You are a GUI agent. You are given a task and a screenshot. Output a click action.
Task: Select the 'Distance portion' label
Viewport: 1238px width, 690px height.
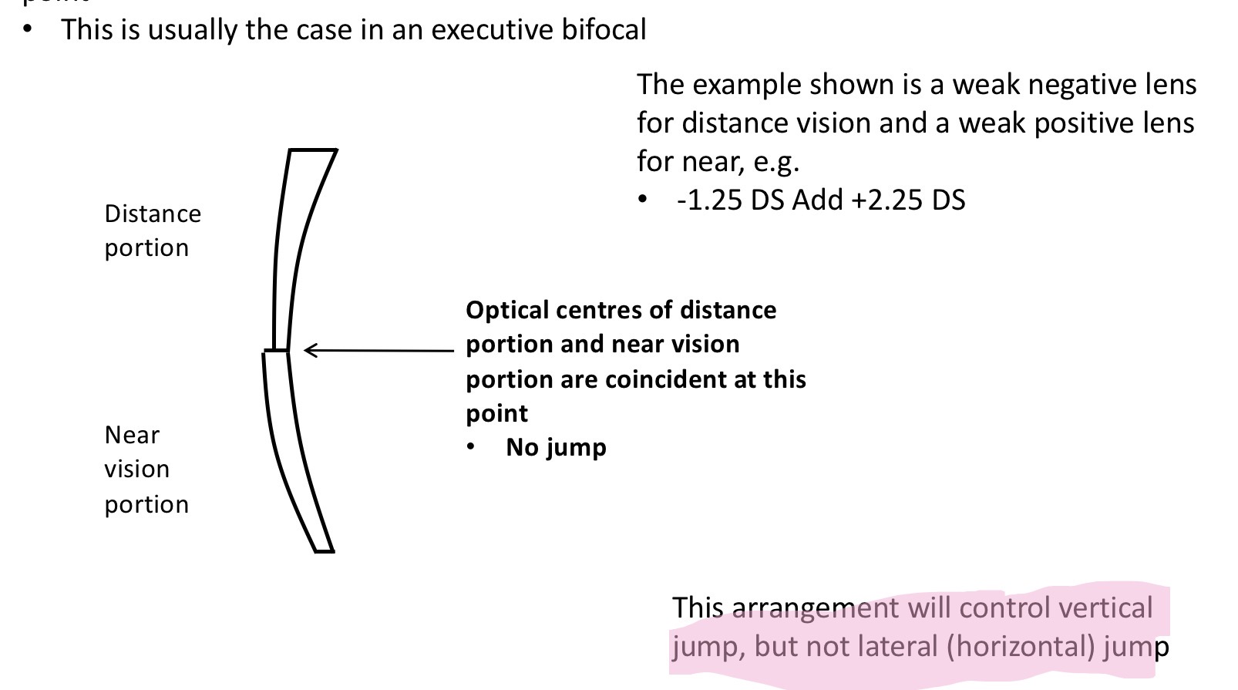click(x=153, y=231)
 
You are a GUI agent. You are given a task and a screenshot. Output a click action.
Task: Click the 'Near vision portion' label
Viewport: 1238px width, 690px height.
click(x=146, y=469)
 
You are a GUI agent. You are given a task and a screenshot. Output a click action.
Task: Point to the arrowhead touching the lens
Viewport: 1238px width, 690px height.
click(x=308, y=351)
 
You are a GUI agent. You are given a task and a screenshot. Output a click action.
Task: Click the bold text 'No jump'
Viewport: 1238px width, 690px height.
click(x=556, y=447)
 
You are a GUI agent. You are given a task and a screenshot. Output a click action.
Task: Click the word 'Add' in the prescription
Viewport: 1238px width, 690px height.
click(x=818, y=200)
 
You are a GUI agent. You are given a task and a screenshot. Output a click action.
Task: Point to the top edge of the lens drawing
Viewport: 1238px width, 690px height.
click(x=313, y=150)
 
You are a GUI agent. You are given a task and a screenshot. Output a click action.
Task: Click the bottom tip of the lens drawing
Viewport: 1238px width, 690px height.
click(x=325, y=550)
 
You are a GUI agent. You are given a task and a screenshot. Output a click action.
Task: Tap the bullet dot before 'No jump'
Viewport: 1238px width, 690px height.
click(x=472, y=447)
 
